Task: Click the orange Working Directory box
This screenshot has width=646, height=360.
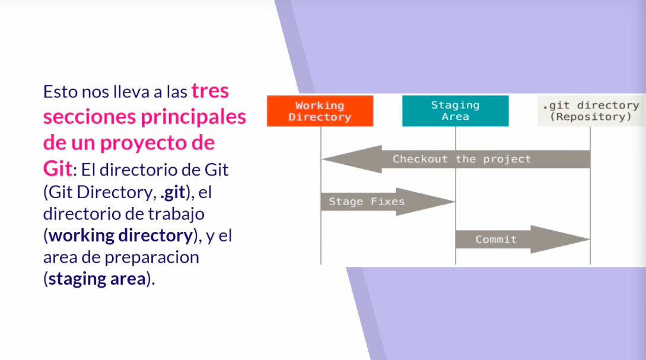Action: point(320,111)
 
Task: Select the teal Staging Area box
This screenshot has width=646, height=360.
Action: point(455,111)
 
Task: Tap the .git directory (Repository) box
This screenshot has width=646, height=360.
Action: point(591,111)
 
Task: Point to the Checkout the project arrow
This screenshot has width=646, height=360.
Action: point(456,159)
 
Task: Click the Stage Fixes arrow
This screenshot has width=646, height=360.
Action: point(388,202)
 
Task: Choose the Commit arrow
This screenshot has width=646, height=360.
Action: point(523,240)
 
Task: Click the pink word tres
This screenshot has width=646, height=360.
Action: point(210,91)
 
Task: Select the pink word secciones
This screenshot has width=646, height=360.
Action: point(90,117)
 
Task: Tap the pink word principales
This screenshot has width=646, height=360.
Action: point(193,117)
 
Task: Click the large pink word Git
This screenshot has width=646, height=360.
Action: point(58,168)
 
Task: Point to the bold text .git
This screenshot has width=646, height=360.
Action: point(173,193)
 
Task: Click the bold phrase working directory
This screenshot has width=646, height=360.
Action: point(120,235)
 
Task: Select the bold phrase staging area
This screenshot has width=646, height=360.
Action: point(97,279)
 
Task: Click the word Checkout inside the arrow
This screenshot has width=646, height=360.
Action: point(420,159)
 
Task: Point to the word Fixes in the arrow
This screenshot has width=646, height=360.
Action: point(388,202)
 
